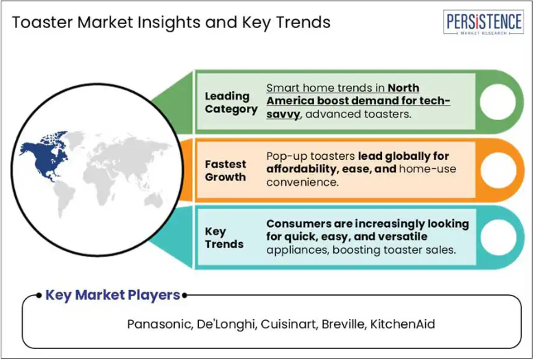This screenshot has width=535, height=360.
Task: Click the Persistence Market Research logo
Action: click(484, 22)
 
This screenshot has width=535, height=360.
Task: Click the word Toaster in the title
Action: click(42, 22)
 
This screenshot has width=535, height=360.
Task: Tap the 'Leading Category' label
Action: click(231, 102)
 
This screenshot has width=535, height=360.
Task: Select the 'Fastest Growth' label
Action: click(225, 170)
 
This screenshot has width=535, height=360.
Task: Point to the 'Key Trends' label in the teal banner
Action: click(224, 237)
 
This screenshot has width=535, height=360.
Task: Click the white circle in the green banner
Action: click(497, 101)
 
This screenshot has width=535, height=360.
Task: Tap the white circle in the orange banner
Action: click(498, 169)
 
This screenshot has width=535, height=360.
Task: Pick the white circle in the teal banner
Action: click(498, 237)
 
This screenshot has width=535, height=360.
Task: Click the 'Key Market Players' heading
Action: click(112, 295)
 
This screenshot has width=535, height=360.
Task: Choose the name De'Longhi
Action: click(226, 324)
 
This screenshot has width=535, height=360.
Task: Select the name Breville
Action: click(344, 324)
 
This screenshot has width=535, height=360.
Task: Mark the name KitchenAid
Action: click(403, 324)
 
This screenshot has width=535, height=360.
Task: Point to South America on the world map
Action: click(64, 198)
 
